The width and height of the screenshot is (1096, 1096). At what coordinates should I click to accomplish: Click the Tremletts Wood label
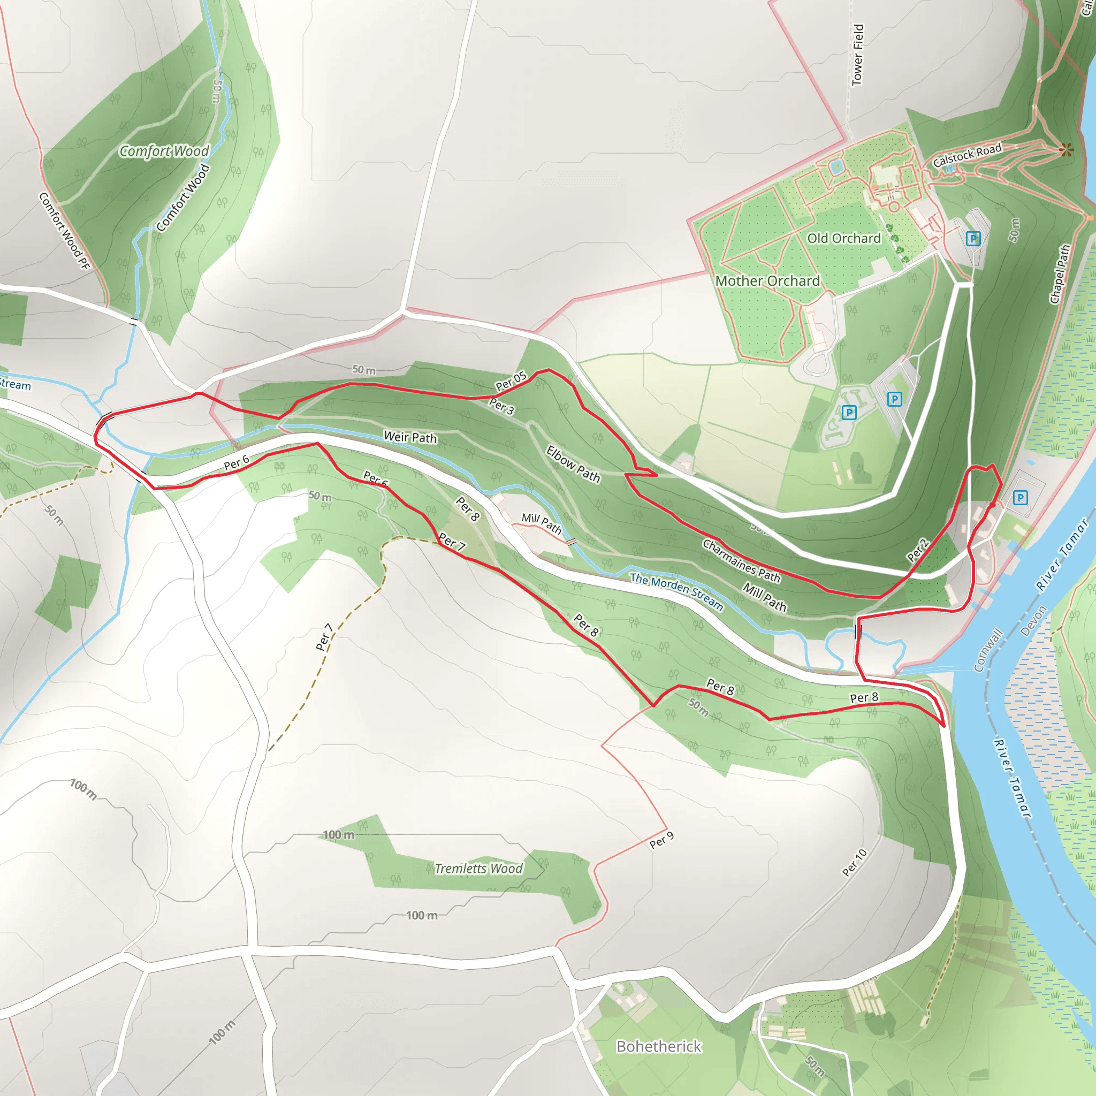pyautogui.click(x=478, y=869)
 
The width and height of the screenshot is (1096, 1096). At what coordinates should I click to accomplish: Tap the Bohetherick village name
pyautogui.click(x=659, y=1046)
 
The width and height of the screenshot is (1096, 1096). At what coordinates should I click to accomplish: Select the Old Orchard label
pyautogui.click(x=843, y=238)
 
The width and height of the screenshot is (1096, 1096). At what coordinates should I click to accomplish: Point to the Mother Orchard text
pyautogui.click(x=767, y=281)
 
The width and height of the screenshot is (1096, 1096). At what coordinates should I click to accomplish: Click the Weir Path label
pyautogui.click(x=410, y=437)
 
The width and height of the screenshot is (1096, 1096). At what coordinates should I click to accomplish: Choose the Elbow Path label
pyautogui.click(x=573, y=464)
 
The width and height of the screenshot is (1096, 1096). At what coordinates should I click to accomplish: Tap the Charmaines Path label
pyautogui.click(x=741, y=560)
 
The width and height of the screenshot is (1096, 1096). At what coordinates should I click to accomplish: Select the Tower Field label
pyautogui.click(x=858, y=55)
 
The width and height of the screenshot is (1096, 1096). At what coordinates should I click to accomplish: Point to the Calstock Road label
pyautogui.click(x=967, y=155)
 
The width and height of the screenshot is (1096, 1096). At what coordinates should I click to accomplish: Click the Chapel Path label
pyautogui.click(x=1059, y=274)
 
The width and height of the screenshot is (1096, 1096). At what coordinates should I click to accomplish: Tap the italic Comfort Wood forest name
pyautogui.click(x=164, y=151)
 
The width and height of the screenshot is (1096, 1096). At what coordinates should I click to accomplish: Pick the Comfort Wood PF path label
pyautogui.click(x=65, y=231)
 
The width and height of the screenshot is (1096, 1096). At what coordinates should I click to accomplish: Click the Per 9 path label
pyautogui.click(x=661, y=840)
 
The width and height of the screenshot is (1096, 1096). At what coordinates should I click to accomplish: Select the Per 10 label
pyautogui.click(x=854, y=862)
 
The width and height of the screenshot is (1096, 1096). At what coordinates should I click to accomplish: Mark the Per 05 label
pyautogui.click(x=511, y=380)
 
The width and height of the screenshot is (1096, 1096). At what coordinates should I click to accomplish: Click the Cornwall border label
pyautogui.click(x=988, y=650)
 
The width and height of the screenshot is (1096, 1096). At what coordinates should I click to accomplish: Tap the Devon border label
pyautogui.click(x=1033, y=621)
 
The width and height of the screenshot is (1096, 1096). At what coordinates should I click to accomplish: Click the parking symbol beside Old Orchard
pyautogui.click(x=973, y=238)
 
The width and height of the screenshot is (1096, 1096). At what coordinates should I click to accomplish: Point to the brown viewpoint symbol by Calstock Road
pyautogui.click(x=1066, y=150)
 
